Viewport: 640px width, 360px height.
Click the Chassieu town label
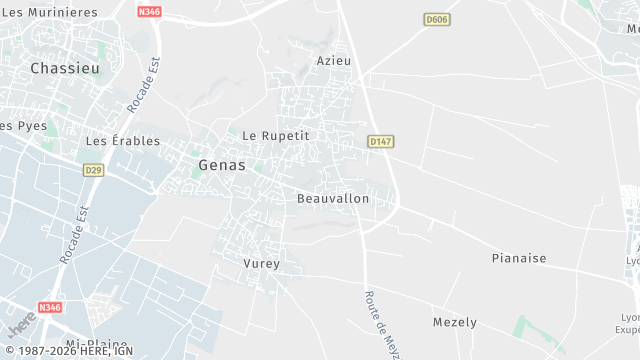(x=64, y=68)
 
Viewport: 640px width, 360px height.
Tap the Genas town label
(x=222, y=165)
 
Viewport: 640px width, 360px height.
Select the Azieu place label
(x=334, y=61)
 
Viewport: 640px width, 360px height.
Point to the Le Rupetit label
(x=277, y=135)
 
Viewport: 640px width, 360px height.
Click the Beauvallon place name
(x=333, y=199)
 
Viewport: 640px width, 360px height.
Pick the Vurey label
(x=261, y=263)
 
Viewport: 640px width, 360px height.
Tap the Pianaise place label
(x=519, y=258)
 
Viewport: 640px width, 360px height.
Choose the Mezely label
(x=454, y=322)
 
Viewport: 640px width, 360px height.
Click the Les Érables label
(x=123, y=141)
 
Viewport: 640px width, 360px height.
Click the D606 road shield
(x=436, y=19)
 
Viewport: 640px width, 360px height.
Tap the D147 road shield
(x=379, y=142)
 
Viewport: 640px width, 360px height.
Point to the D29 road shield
(x=93, y=170)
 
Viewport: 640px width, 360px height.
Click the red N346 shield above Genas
(x=149, y=11)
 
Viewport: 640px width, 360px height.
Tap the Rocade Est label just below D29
(x=75, y=236)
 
